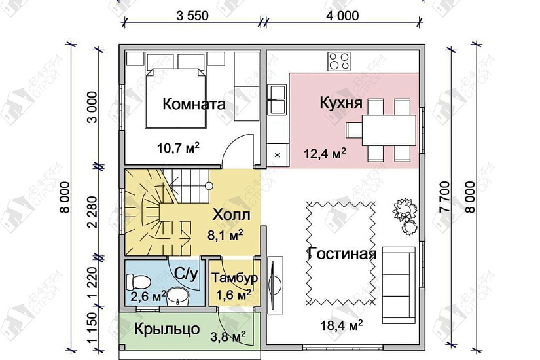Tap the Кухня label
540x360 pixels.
click(x=337, y=104)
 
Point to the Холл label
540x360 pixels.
click(x=230, y=215)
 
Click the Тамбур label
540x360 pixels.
click(x=234, y=278)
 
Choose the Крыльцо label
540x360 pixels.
click(x=168, y=329)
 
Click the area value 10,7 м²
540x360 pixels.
click(x=177, y=148)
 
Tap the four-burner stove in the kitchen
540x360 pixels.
click(x=338, y=62)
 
